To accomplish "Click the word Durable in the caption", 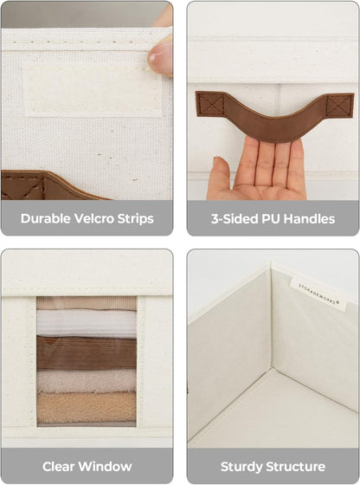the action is pos(46,218).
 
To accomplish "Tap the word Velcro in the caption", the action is pos(94,218).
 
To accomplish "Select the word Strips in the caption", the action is pos(136,219).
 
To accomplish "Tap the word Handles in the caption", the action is pos(309,219).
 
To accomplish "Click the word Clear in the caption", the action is pos(59,467).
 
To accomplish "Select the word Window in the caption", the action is pos(106,467).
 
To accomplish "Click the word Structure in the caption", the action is pos(296,467).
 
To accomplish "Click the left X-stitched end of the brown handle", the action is pos(210,104).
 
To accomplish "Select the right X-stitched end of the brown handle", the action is pos(339,106).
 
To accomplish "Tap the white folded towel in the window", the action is pos(87,323).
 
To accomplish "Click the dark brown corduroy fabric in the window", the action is pos(87,353).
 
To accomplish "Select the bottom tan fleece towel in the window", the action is pos(87,408).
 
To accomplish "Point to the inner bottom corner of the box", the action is pos(272,368).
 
